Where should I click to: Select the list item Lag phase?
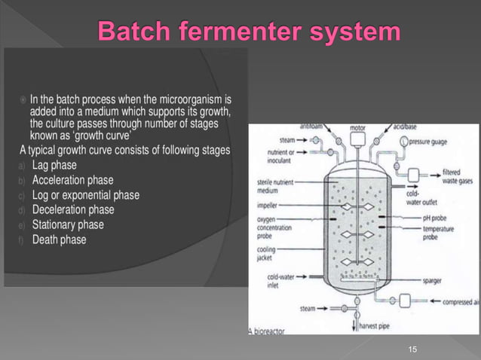[54, 165]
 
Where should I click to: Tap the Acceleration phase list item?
[72, 180]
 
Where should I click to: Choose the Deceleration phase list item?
[73, 209]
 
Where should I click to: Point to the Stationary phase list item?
[68, 224]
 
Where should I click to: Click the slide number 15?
[412, 349]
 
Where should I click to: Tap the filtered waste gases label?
[457, 176]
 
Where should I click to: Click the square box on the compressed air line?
[405, 300]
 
